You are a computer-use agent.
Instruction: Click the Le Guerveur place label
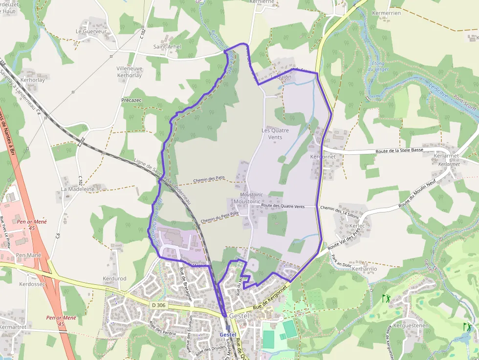point(91,31)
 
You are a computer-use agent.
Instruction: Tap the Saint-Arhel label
point(167,47)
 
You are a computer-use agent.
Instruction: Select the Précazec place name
point(131,100)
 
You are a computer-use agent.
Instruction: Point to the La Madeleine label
point(77,189)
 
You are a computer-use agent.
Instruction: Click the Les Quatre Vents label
point(275,134)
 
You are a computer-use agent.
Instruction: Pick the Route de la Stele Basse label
point(399,151)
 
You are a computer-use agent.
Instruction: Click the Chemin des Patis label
point(209,179)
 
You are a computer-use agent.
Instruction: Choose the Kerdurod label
point(114,278)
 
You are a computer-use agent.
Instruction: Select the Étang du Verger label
point(378,66)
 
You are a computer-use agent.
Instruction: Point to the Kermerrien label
point(386,13)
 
